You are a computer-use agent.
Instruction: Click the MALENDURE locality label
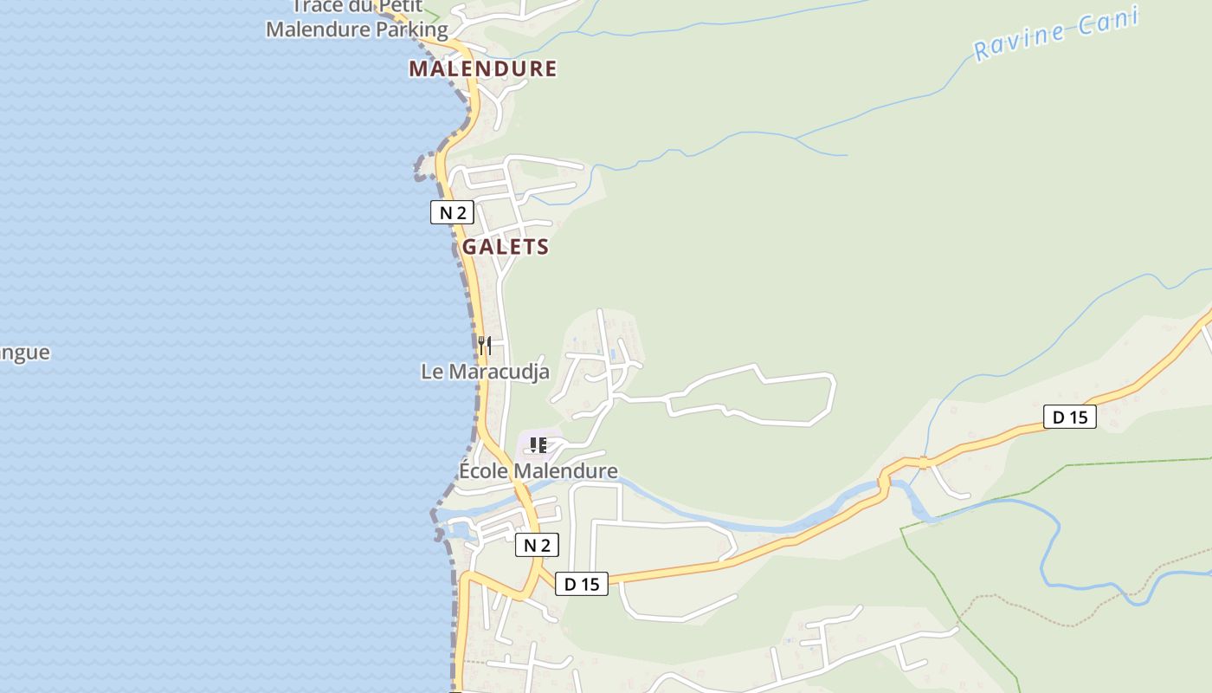point(482,68)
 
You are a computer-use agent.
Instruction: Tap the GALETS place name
point(506,247)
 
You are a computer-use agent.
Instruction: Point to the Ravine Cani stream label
point(1054,36)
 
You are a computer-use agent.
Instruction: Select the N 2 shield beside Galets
point(452,212)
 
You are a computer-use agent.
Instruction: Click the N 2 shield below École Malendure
point(537,545)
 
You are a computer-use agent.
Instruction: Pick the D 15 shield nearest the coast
point(582,584)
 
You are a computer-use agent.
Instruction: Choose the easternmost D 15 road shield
point(1069,417)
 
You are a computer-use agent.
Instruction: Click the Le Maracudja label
point(485,372)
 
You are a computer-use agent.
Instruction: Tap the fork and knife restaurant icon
point(485,346)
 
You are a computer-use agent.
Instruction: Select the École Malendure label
point(538,471)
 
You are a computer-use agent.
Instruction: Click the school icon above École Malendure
point(538,446)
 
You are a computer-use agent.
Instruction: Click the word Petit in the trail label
point(399,7)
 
